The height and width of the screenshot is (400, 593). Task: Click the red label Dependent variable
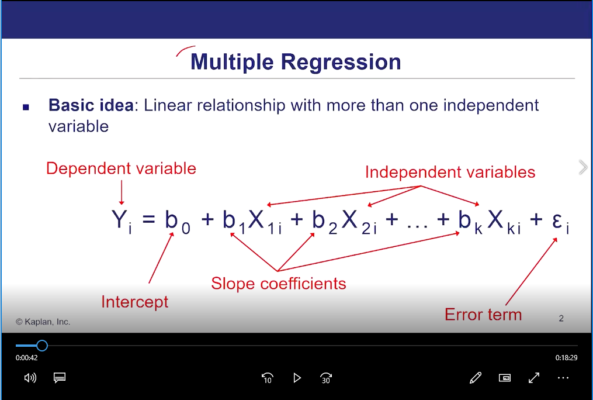tap(121, 168)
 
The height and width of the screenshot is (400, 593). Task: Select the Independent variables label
tap(450, 172)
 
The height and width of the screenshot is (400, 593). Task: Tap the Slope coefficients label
tap(278, 284)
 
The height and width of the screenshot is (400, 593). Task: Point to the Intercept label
tap(134, 302)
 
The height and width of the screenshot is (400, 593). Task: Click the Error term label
tap(483, 315)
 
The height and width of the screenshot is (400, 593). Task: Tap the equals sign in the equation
tap(148, 219)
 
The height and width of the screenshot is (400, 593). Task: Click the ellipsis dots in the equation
tap(418, 227)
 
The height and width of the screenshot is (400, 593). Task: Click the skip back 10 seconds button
tap(268, 378)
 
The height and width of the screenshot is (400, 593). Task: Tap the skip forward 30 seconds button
tap(325, 378)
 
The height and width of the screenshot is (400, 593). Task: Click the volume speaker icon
tap(30, 378)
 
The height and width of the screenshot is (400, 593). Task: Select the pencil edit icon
tap(476, 378)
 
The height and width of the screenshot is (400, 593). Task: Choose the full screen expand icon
tap(534, 378)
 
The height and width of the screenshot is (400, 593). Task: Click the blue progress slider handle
tap(42, 346)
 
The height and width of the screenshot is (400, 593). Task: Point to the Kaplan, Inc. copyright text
tap(43, 322)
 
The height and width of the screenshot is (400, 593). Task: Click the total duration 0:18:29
tap(566, 358)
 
